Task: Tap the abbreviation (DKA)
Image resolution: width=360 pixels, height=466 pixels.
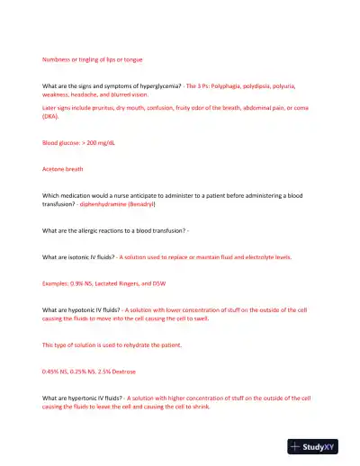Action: pyautogui.click(x=51, y=116)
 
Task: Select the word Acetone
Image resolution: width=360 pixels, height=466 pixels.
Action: pyautogui.click(x=56, y=169)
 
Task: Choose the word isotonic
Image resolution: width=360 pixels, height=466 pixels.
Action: pyautogui.click(x=86, y=256)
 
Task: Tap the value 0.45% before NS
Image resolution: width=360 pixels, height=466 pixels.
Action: pyautogui.click(x=52, y=371)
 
